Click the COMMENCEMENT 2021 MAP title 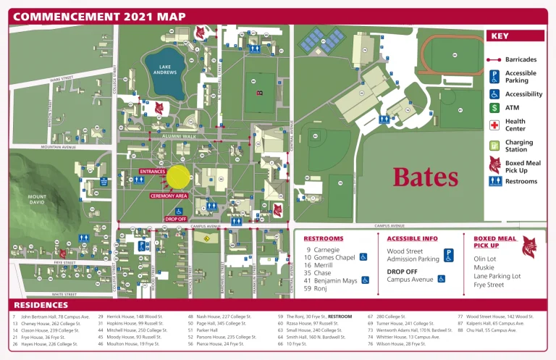point(99,17)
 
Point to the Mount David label point(38,200)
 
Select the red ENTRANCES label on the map point(153,172)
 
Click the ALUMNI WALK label point(179,136)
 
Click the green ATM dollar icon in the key point(494,108)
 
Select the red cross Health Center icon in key point(494,125)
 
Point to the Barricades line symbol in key point(494,59)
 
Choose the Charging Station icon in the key point(494,146)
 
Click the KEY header point(500,36)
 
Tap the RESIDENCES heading point(43,305)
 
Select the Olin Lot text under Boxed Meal point(484,259)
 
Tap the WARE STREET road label point(62,78)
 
